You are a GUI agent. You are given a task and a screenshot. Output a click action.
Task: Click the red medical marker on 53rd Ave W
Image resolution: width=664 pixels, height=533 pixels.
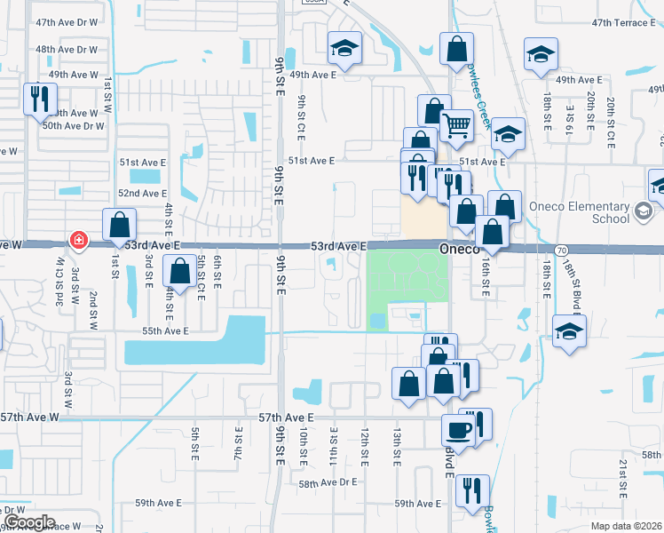click(x=79, y=241)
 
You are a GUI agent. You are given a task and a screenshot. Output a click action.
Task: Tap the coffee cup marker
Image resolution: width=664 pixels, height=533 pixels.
click(x=458, y=430)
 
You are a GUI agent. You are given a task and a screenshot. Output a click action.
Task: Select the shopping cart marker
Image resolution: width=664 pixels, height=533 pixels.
click(x=456, y=125)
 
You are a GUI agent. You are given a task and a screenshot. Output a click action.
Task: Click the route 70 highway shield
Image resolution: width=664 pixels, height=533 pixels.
click(x=561, y=252)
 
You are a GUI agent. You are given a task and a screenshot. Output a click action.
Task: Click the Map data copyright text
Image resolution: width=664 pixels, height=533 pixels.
click(x=626, y=526)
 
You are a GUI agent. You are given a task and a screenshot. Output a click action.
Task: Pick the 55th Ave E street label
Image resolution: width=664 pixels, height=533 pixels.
click(x=164, y=331)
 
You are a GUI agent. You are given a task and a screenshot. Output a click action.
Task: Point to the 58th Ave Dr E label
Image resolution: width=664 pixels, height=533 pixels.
click(x=327, y=483)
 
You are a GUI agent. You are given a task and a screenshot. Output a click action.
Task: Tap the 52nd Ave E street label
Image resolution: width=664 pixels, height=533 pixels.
click(x=142, y=193)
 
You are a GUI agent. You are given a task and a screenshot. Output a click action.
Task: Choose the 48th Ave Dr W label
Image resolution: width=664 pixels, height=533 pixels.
click(x=67, y=50)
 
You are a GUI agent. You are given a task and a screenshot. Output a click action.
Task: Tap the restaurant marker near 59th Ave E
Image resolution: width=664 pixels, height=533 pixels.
click(x=472, y=489)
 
